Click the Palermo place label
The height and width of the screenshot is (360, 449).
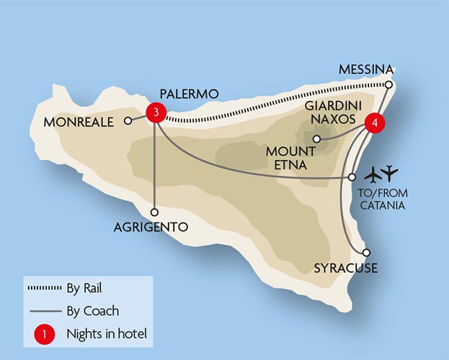(x=189, y=94)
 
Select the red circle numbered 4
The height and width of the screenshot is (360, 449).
(x=373, y=122)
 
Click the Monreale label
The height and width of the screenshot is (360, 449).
(x=79, y=122)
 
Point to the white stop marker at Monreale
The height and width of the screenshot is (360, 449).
(x=128, y=121)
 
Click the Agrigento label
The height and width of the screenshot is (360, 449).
(x=151, y=228)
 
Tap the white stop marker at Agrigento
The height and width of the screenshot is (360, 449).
(x=155, y=212)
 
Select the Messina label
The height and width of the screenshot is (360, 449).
(x=367, y=69)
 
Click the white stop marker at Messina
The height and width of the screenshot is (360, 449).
(x=388, y=85)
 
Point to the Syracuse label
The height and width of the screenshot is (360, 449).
(x=346, y=269)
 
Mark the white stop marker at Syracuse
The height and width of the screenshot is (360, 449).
(x=367, y=253)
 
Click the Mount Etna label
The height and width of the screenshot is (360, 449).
(x=290, y=158)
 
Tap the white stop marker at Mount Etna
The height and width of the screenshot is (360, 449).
(x=316, y=139)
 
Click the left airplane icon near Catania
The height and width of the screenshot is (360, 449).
(x=373, y=174)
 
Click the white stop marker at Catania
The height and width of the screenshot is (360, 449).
(x=352, y=176)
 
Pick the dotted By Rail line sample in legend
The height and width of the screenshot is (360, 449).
(x=52, y=289)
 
